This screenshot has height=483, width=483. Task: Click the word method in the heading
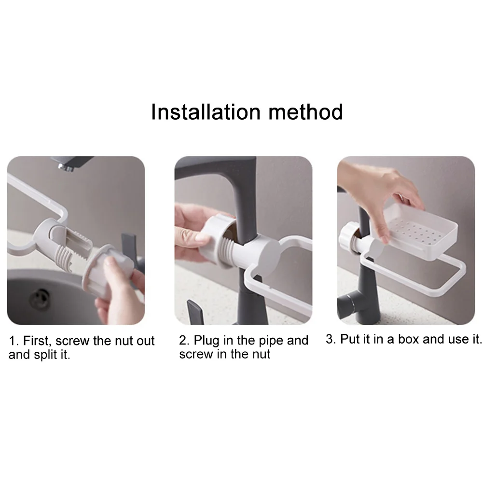coord(305,112)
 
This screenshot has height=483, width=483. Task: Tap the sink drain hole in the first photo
coord(40,298)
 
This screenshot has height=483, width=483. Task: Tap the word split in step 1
coord(45,355)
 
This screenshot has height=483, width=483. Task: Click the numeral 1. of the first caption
coord(14,341)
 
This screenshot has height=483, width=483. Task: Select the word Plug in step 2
coord(207,341)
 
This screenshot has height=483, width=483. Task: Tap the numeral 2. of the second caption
coord(184,340)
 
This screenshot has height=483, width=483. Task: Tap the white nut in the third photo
coord(348,237)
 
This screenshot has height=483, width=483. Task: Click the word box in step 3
coord(409,339)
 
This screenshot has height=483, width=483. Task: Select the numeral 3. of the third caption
coord(331,339)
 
